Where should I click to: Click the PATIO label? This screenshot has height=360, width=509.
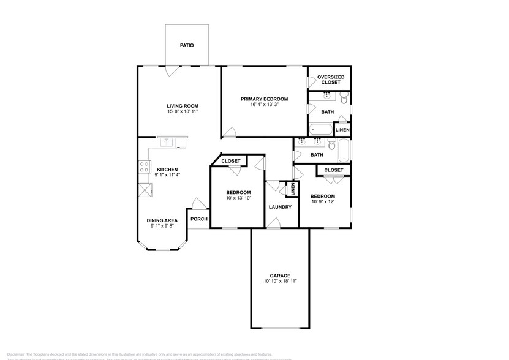click(x=187, y=45)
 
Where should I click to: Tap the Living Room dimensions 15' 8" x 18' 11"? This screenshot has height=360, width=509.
click(x=183, y=112)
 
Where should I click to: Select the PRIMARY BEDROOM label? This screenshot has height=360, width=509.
click(x=264, y=99)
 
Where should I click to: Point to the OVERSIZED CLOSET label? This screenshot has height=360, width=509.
click(x=330, y=79)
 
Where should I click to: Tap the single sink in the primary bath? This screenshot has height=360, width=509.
click(x=326, y=95)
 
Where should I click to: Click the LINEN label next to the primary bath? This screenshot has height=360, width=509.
click(x=342, y=130)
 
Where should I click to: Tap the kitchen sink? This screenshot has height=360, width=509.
click(x=168, y=143)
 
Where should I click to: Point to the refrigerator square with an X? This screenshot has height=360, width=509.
click(x=145, y=190)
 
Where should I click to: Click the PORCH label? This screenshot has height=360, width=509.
click(x=198, y=219)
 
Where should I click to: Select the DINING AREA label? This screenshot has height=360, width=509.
click(x=162, y=220)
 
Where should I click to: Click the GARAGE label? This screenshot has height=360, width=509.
click(x=281, y=276)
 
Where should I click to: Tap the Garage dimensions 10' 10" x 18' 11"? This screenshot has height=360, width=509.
click(x=281, y=281)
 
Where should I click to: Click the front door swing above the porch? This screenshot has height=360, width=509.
click(x=197, y=203)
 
